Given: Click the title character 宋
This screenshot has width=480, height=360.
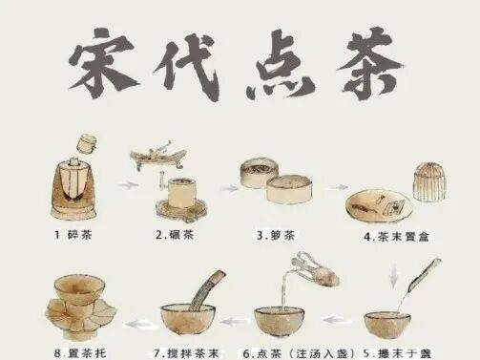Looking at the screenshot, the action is tap(103, 63).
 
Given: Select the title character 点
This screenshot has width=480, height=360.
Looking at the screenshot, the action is tap(279, 64).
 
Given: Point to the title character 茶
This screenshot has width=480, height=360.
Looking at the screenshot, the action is tap(370, 63).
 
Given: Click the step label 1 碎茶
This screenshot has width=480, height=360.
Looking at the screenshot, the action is tap(73, 235).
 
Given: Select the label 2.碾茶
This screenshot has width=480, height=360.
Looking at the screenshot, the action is tap(175, 235).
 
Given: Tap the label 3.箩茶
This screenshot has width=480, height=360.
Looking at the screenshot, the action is tap(276, 236).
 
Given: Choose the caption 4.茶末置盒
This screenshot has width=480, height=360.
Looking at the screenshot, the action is tap(397, 237).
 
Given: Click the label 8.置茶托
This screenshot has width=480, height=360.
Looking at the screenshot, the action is tap(80, 353).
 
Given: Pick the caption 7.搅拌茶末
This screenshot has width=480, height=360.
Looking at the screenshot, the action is tap(186, 353).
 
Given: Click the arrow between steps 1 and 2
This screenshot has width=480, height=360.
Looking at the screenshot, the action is tap(128, 184).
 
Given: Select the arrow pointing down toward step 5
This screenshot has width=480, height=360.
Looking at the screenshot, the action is tap(394, 275).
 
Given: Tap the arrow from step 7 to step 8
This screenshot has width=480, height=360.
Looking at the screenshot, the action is tap(139, 324).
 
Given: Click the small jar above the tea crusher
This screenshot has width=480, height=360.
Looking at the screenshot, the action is tap(88, 144).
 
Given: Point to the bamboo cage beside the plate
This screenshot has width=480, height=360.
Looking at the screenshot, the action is tap(429, 181).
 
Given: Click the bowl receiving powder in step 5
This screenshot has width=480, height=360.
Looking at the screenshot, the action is tap(387, 326).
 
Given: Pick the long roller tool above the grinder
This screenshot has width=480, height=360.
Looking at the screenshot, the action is tap(157, 156).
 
